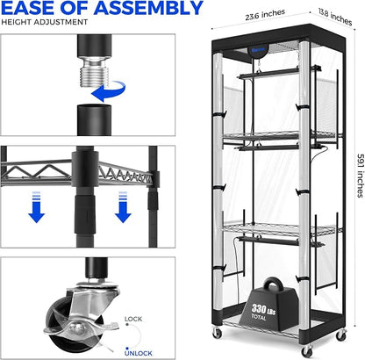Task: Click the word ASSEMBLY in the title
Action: [148, 8]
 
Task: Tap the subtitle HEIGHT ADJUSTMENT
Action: [45, 22]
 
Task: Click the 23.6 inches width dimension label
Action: [265, 15]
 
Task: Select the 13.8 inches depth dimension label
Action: [335, 17]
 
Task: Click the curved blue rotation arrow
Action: [109, 90]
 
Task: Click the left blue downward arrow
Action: [37, 207]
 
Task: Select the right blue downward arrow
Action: [123, 207]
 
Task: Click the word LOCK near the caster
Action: [133, 319]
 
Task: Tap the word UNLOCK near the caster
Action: [139, 353]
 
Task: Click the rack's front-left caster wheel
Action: [217, 333]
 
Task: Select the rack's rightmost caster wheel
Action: [341, 335]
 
